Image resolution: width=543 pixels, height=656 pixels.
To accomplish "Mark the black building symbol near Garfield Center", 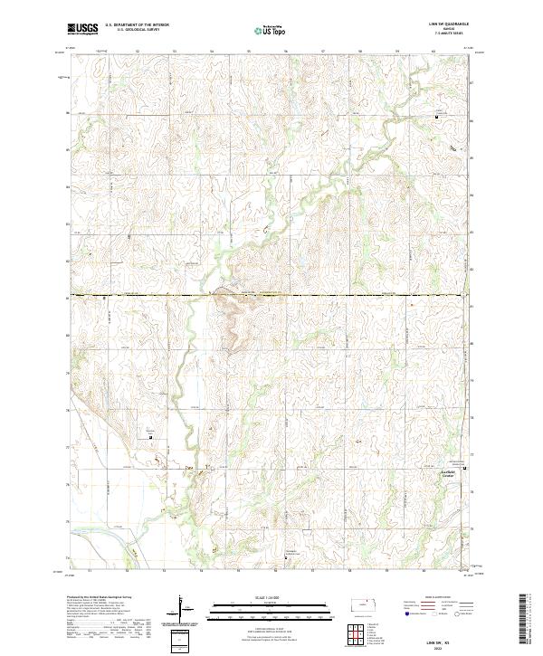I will coord(465,469).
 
